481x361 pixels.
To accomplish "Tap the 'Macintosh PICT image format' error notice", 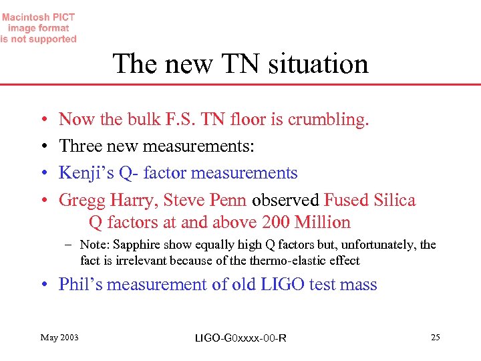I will (x=38, y=28).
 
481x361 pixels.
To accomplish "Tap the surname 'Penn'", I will (x=228, y=200).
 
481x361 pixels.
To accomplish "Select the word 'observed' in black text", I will (x=286, y=200).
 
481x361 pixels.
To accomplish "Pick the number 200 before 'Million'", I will (x=281, y=222).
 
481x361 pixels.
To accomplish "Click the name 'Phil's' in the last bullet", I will (x=80, y=284).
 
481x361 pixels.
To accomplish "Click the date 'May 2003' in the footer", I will (x=59, y=338).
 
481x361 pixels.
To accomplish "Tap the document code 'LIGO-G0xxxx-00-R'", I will (x=240, y=338).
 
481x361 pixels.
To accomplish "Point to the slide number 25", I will (x=436, y=338).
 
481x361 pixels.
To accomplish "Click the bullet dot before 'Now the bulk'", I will (x=43, y=120).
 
